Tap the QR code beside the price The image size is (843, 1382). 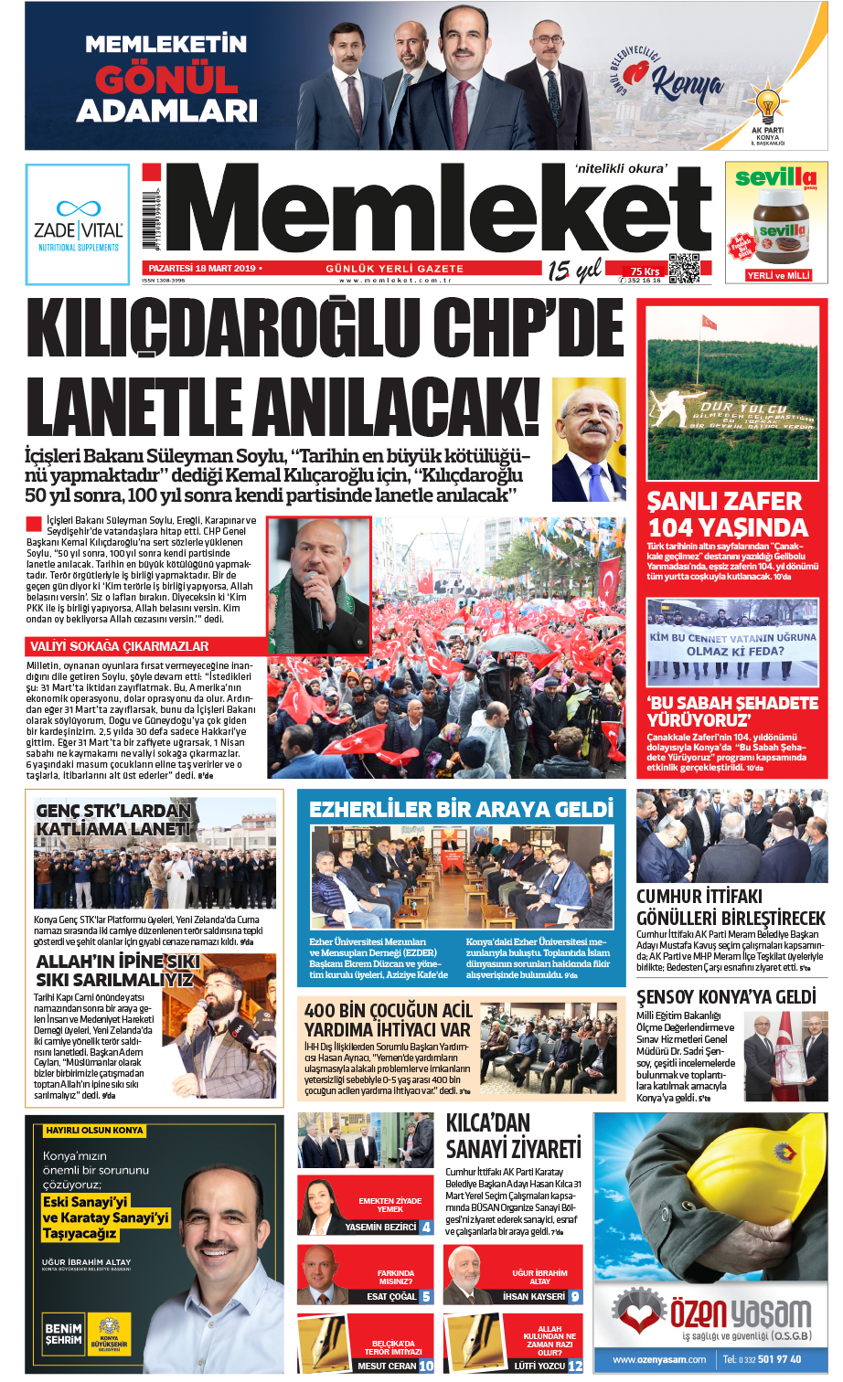684,268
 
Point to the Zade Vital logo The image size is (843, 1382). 78,224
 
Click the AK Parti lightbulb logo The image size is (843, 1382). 768,104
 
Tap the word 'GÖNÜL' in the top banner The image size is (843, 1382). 166,80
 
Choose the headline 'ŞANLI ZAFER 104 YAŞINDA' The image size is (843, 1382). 728,514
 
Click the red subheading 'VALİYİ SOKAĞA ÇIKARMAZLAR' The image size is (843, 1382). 120,646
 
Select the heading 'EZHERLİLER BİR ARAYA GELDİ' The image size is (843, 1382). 461,809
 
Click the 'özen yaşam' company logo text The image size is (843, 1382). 740,1314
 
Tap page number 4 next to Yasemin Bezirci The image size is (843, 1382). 426,1228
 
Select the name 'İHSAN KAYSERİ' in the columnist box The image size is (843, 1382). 534,1296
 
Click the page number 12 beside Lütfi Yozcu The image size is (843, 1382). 575,1366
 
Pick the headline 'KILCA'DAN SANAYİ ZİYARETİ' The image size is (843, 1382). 513,1136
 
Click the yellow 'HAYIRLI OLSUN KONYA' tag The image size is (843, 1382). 94,1131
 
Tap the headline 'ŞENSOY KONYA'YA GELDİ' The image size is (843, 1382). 726,996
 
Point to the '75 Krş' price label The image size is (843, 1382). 645,271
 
